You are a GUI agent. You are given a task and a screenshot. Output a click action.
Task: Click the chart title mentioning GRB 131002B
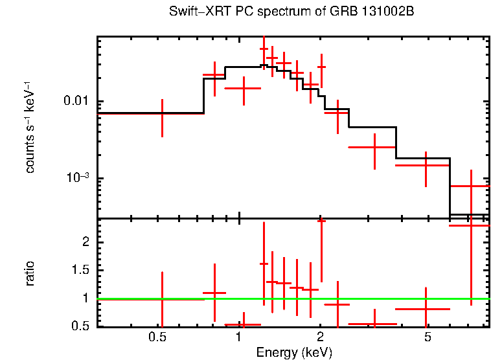click(291, 12)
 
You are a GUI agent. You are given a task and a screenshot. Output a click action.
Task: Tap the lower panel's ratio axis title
click(30, 274)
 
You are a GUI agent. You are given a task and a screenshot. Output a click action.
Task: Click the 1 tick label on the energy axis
click(239, 338)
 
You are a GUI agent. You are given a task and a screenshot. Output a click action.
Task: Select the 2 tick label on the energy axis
click(321, 338)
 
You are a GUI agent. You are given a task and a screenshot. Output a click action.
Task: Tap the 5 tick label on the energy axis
click(427, 338)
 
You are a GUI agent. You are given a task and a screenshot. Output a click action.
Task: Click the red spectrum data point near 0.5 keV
click(162, 114)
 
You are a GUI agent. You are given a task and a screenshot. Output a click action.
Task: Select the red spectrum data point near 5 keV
click(426, 165)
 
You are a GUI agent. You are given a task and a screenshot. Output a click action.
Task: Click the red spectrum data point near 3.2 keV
click(374, 148)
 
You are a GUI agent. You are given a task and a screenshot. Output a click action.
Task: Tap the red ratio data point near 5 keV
click(426, 309)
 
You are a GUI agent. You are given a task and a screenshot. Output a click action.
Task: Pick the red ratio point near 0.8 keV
click(214, 293)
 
